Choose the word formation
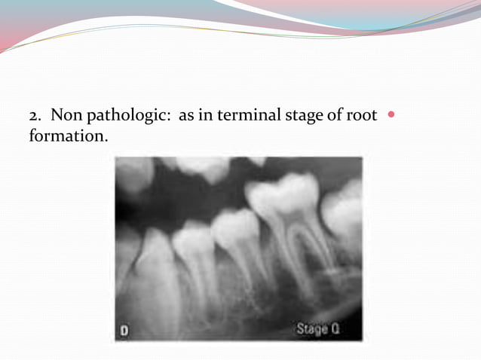point(64,138)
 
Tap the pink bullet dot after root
point(390,116)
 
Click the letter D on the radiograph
point(125,330)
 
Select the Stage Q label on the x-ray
point(316,328)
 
